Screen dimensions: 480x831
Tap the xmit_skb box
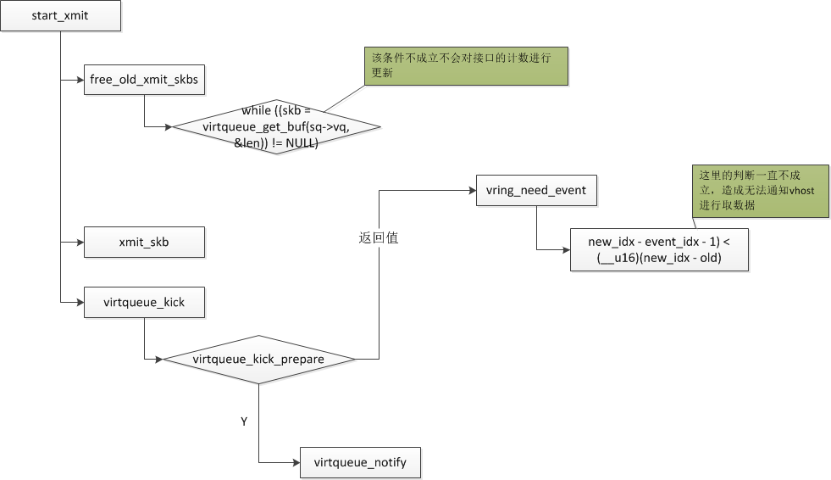pos(145,242)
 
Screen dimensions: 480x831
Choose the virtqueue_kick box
pos(145,302)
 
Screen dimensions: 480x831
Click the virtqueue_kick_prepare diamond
pos(258,360)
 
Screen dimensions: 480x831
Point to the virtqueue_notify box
pos(360,463)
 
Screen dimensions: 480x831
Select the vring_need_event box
pos(536,190)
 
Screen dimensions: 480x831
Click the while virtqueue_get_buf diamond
pos(276,127)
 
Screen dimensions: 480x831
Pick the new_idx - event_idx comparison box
pos(659,250)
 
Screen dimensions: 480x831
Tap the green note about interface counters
pos(467,66)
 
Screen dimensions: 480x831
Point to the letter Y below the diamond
pos(244,421)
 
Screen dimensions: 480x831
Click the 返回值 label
pos(379,238)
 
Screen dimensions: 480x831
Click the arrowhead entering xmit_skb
pos(80,242)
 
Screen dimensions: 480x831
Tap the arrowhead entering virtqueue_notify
pos(296,463)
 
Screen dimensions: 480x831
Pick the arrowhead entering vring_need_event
pos(471,190)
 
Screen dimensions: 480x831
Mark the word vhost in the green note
pos(801,191)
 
